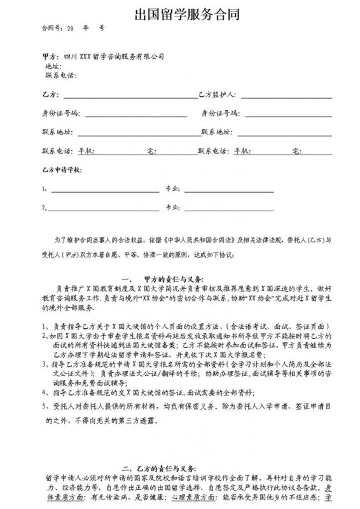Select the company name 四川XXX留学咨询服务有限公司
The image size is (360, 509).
[118, 56]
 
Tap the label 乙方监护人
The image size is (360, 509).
[217, 95]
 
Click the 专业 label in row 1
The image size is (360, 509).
[170, 189]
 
